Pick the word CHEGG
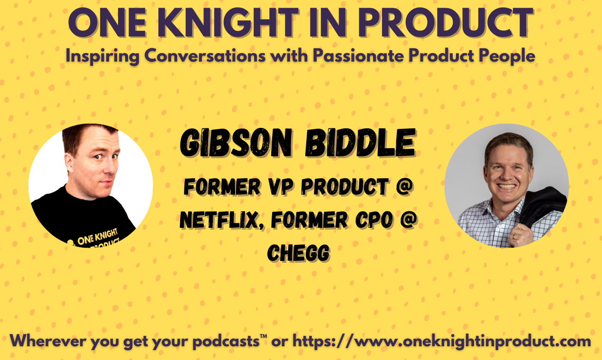coord(298,254)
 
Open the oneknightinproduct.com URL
coord(441,341)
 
